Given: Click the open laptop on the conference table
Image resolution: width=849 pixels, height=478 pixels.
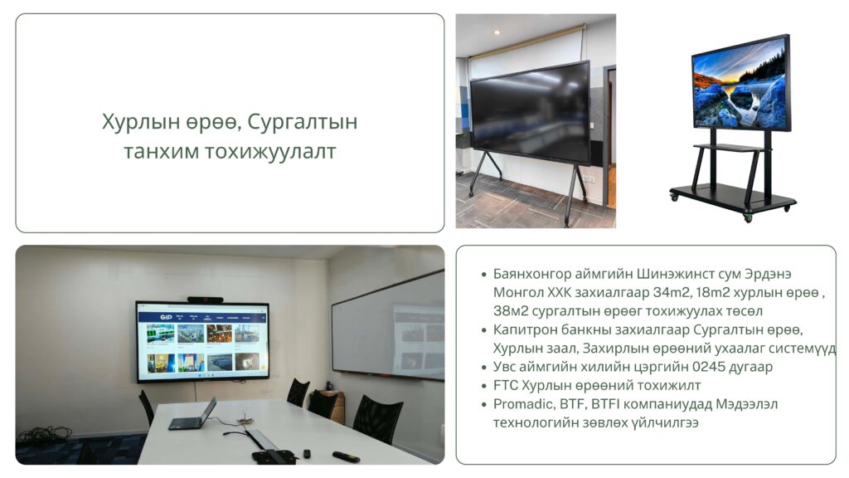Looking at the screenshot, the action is pos(192,415).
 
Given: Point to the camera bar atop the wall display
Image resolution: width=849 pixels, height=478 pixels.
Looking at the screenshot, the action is pos(206,300).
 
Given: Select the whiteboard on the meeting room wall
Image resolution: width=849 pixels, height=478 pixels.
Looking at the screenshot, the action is pos(388,325).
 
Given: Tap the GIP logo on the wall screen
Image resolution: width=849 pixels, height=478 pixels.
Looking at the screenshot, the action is pos(165,317).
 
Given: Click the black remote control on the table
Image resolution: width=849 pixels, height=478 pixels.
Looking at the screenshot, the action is pos(346,457).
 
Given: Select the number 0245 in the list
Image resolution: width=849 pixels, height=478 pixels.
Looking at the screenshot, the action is pos(708,367).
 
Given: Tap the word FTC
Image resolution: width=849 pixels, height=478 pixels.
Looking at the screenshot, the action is pos(506,385).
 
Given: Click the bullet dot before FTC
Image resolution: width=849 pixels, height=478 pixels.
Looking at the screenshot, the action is pos(484,387).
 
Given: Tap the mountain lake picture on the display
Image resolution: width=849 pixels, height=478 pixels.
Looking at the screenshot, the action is pos(740,86).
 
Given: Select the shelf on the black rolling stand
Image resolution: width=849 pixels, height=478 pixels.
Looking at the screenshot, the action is pos(732,148).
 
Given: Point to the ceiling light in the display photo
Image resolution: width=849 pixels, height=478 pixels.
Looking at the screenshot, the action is pos(497,32).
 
